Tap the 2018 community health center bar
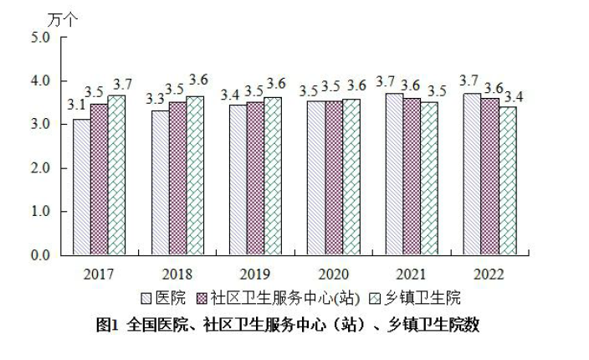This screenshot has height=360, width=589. coord(177,178)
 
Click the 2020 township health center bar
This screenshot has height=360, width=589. coord(351,177)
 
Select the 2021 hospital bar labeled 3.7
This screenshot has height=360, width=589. coord(393,173)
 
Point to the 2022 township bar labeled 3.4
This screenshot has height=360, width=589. coord(507,181)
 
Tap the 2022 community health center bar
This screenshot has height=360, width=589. coord(489,177)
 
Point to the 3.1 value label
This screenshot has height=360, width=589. coord(77,105)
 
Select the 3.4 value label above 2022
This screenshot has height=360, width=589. coord(515,96)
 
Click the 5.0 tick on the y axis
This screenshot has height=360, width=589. coord(39,38)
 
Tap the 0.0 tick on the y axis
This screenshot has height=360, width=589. coord(39,255)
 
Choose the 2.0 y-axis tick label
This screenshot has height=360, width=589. coord(39,168)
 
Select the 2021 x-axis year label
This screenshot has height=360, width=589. coord(411,274)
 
